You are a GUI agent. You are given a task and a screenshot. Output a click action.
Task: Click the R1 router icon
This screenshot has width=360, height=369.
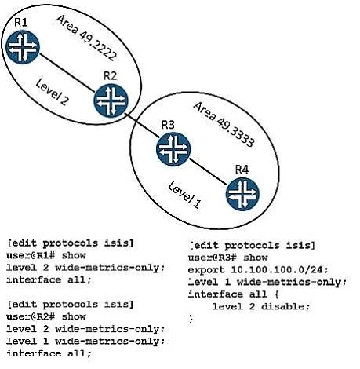[x=23, y=47]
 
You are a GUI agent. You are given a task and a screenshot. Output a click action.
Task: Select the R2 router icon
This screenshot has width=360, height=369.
[x=111, y=100]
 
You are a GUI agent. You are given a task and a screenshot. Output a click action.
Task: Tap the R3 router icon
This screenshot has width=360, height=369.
[x=173, y=149]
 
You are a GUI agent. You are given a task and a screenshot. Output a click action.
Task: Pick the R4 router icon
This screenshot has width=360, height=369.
[x=242, y=194]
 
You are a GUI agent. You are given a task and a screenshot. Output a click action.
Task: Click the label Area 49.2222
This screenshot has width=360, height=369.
[x=85, y=38]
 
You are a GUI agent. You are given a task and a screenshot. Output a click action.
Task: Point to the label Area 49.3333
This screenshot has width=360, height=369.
[x=224, y=125]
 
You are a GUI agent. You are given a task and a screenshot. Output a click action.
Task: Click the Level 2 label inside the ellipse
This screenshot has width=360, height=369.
[x=52, y=92]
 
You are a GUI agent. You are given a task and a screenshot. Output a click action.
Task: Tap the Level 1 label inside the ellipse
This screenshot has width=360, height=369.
[x=184, y=195]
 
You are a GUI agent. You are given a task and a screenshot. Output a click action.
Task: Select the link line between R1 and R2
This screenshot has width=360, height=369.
[x=67, y=73]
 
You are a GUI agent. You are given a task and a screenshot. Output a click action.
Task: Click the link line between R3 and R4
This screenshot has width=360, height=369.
[x=208, y=172]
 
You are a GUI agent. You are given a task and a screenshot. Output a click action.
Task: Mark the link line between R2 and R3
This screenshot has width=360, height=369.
[x=142, y=125]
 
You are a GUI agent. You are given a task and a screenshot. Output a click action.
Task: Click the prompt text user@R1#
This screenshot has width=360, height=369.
[x=31, y=255]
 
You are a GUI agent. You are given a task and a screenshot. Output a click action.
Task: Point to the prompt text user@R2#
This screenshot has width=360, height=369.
[x=31, y=316]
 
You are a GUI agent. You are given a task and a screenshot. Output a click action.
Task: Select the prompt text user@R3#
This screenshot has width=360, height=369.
[x=213, y=258]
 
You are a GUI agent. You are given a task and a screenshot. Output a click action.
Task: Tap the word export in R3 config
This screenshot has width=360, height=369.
[x=206, y=270]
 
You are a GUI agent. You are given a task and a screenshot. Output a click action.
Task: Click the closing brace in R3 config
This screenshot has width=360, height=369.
[x=191, y=319]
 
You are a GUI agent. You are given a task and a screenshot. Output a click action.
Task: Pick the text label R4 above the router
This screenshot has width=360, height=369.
[x=242, y=170]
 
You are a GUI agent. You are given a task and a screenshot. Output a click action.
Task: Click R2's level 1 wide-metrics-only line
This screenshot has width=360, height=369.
[x=85, y=342]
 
